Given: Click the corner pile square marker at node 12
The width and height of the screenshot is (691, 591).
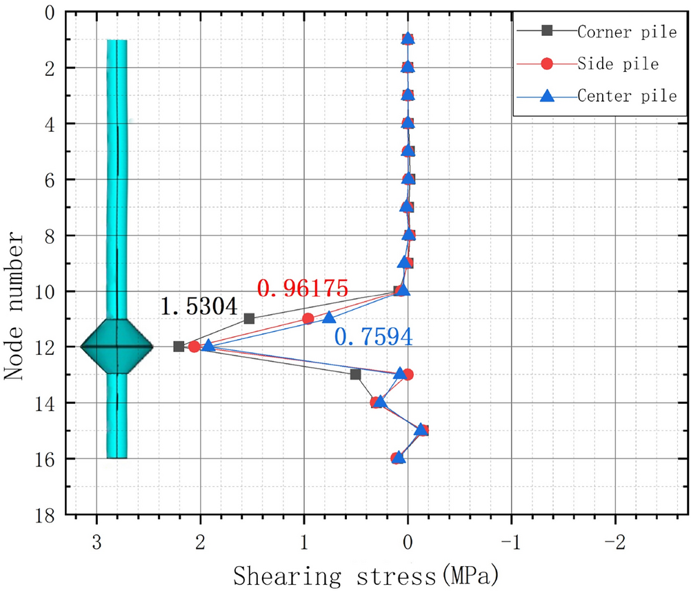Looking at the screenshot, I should click(179, 347).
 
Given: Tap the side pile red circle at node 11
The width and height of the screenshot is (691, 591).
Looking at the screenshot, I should click(308, 318).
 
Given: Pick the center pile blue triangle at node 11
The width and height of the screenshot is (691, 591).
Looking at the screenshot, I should click(329, 318).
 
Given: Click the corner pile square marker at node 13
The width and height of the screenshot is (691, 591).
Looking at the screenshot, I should click(355, 374).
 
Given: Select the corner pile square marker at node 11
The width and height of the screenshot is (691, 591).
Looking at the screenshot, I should click(249, 318).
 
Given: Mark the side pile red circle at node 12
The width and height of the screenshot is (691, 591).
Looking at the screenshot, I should click(194, 347).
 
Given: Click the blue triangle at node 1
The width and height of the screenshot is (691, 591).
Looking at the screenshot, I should click(408, 39).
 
